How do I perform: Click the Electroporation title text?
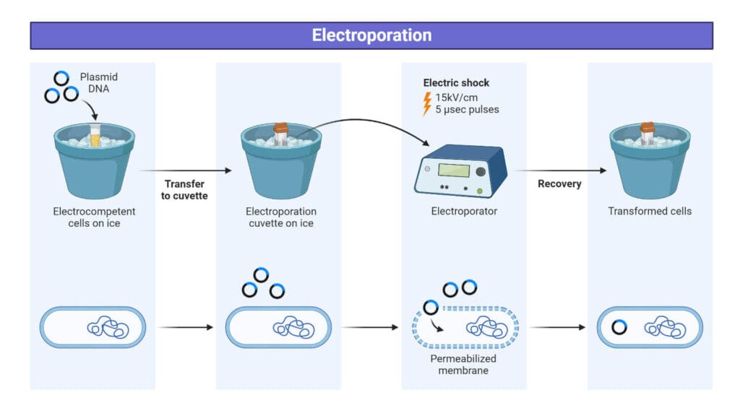tap(371, 35)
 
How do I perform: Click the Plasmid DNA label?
tap(99, 82)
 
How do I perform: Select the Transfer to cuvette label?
tap(185, 189)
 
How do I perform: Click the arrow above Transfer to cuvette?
tap(186, 171)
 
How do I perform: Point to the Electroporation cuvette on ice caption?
tap(281, 217)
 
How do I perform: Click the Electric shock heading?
tap(456, 83)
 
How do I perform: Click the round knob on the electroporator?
tap(481, 171)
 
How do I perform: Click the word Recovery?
tap(559, 183)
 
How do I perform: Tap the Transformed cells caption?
tap(649, 212)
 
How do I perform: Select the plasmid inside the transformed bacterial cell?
tap(619, 327)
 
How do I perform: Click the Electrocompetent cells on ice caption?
tap(94, 217)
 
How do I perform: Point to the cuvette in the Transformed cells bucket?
tap(648, 134)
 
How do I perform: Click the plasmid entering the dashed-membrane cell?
tap(431, 307)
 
